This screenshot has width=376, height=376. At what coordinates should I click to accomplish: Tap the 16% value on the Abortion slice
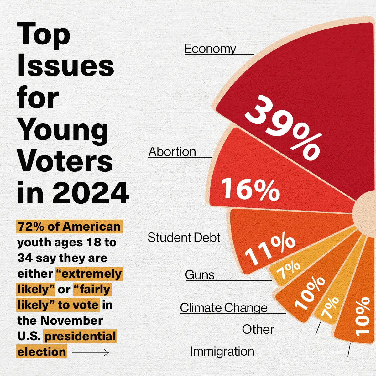250,189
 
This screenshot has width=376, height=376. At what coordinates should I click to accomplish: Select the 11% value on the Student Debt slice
269,250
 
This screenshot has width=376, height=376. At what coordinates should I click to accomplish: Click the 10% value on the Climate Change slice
310,293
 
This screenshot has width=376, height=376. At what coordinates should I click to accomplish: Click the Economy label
210,49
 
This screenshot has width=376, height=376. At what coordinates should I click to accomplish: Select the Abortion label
172,152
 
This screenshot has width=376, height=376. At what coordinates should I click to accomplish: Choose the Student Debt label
184,238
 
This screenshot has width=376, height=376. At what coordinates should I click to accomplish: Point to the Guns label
200,275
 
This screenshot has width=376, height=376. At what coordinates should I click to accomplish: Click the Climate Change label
224,308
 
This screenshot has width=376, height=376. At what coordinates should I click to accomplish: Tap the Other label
258,330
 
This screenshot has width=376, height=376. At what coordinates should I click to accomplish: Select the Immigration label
222,352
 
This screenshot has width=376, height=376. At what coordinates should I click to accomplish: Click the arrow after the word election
91,352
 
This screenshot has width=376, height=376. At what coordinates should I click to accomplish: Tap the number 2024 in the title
91,193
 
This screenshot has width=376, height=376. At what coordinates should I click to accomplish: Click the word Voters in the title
65,161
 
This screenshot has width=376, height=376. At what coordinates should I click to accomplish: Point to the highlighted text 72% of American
69,227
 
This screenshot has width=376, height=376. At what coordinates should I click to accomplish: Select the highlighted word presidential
80,337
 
